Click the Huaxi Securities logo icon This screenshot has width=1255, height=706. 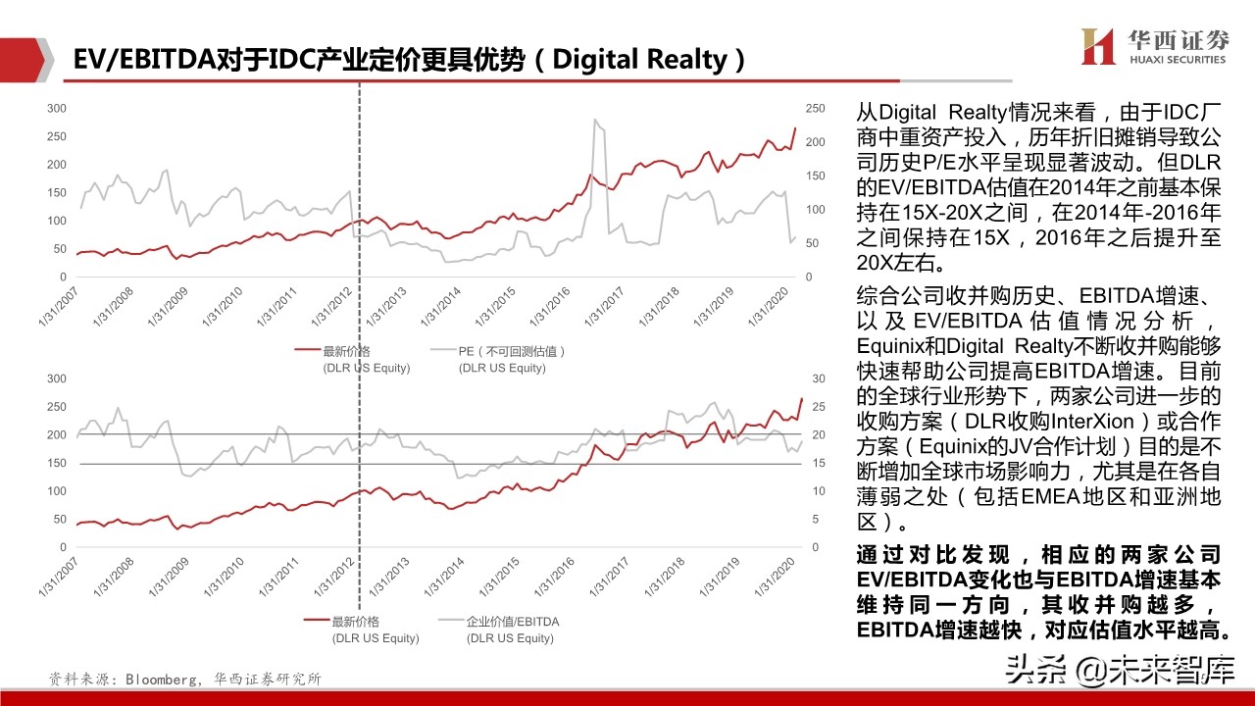pos(1098,46)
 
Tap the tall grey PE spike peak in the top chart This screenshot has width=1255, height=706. pos(595,121)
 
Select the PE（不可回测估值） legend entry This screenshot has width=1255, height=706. pos(512,351)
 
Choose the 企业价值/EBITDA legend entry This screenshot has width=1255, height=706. pos(512,622)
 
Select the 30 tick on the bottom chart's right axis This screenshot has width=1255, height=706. pos(811,378)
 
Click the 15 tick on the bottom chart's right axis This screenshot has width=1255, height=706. pos(811,463)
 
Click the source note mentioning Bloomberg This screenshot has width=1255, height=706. pos(185,679)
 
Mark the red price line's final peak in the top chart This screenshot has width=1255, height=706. pos(794,128)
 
